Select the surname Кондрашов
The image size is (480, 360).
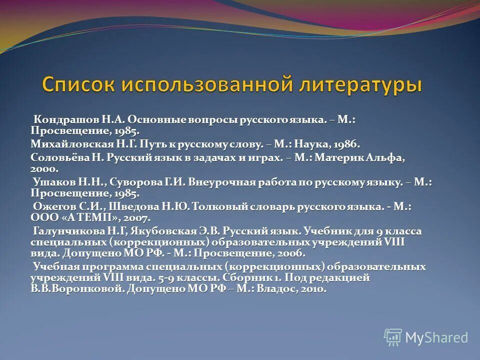(62, 120)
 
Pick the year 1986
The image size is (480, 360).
(344, 144)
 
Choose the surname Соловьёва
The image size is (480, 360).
(57, 157)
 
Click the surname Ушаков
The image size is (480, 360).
(51, 182)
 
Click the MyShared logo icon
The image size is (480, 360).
(393, 336)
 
